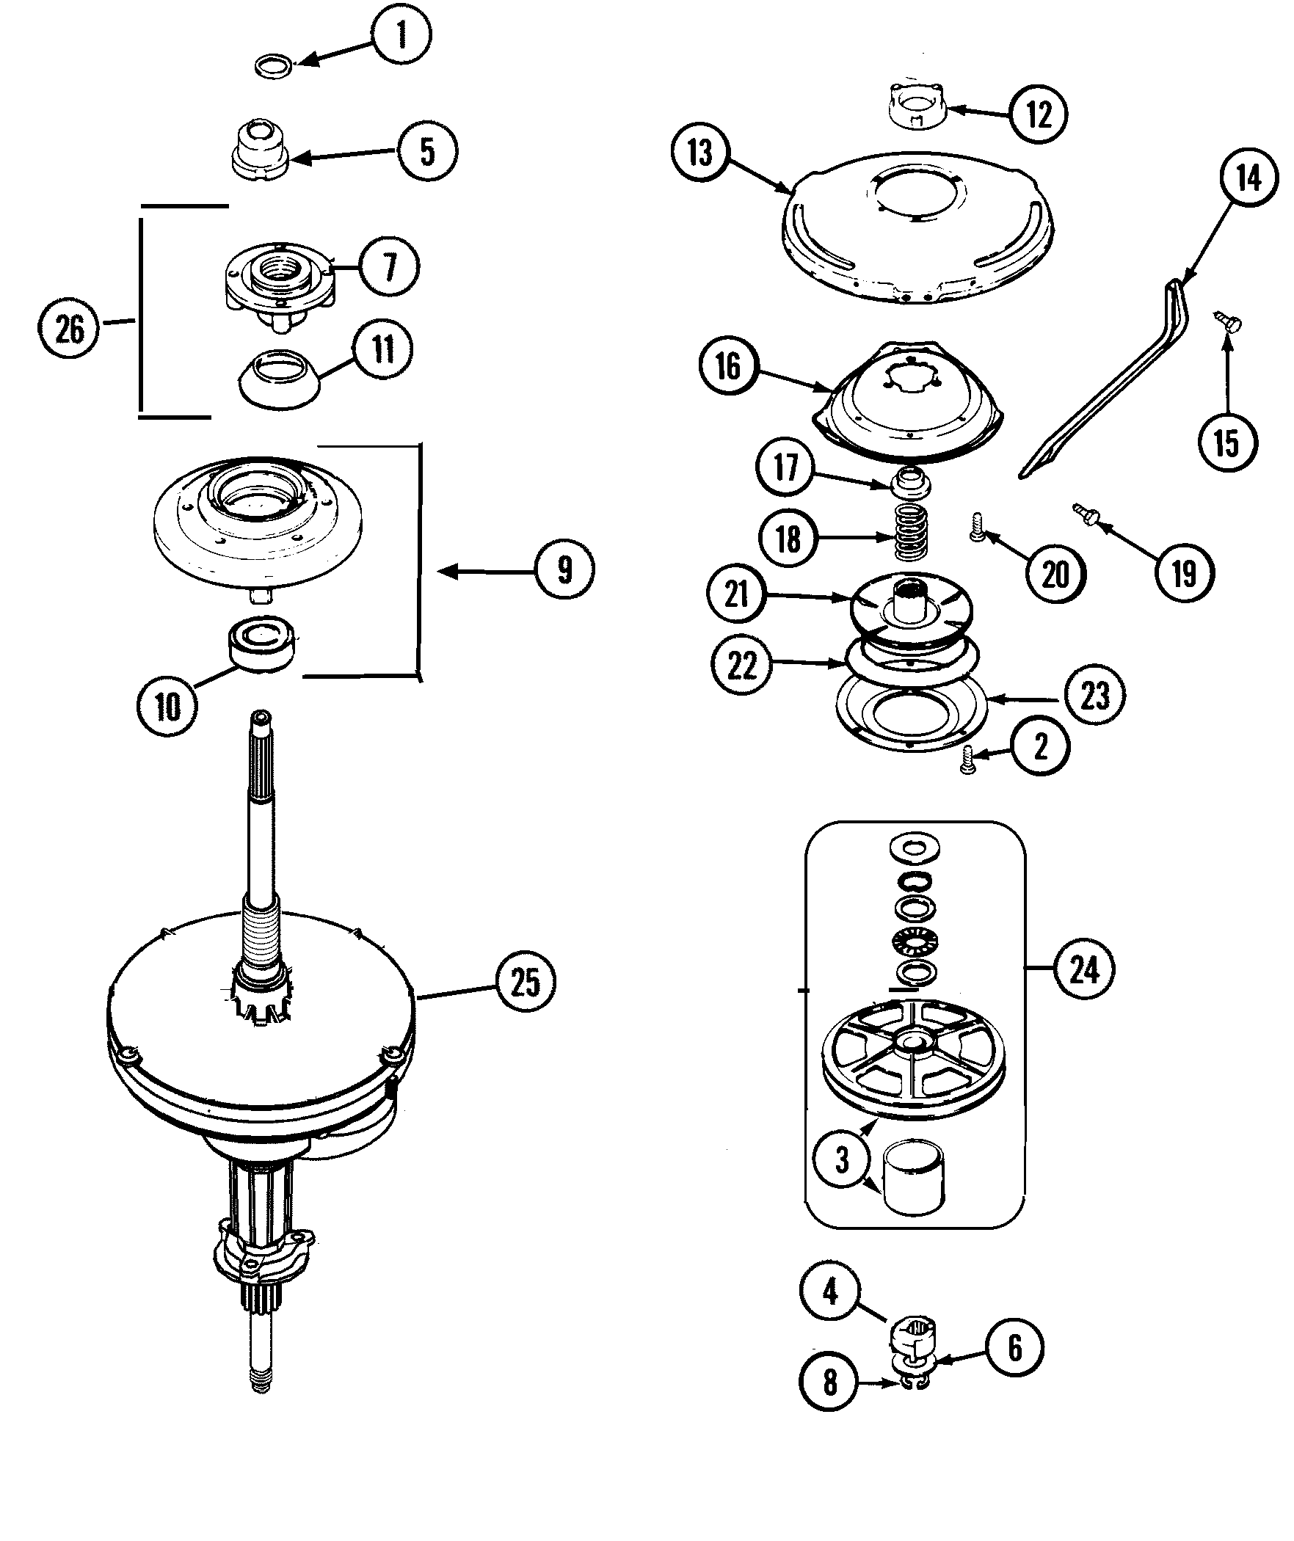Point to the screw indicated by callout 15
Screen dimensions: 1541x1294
1228,321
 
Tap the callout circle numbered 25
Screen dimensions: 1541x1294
526,982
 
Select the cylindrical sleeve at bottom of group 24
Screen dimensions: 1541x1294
914,1179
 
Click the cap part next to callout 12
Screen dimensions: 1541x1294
917,109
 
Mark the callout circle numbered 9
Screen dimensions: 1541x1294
564,570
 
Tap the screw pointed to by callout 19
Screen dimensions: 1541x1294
1085,514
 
